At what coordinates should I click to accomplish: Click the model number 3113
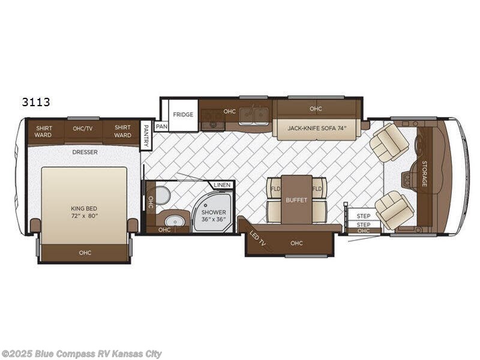point(36,102)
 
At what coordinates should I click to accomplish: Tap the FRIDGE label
point(183,115)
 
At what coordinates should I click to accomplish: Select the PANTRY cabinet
point(146,136)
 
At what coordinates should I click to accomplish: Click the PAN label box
point(161,127)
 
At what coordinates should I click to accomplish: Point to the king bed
point(84,205)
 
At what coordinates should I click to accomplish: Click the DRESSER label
point(85,152)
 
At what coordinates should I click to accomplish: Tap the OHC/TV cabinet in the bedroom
point(83,130)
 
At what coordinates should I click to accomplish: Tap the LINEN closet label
point(222,185)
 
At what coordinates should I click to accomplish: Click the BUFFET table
point(296,200)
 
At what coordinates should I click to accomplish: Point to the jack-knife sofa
point(317,128)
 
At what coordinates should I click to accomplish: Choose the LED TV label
point(257,239)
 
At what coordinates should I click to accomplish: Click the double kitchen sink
point(253,116)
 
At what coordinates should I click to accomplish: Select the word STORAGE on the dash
point(425,173)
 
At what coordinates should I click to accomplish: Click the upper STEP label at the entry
point(364,216)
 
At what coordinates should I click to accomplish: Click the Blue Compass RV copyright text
point(81,354)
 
